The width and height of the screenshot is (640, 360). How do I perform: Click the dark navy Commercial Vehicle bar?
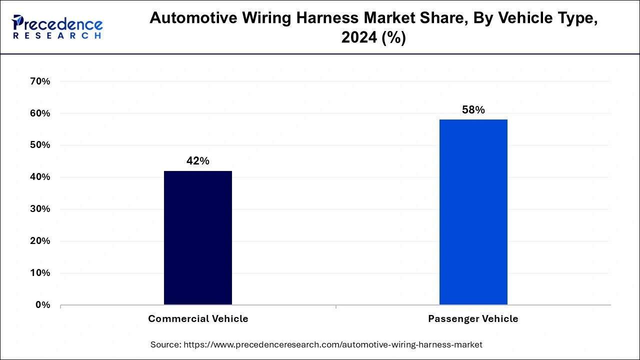pos(198,237)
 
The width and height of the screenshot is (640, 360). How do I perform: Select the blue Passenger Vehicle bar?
pos(473,212)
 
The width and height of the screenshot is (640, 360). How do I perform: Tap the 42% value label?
pos(198,161)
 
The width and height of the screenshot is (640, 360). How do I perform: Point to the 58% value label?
pos(473,110)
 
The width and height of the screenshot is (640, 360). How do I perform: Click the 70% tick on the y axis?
pos(40,81)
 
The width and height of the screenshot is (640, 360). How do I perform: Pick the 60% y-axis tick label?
pos(40,113)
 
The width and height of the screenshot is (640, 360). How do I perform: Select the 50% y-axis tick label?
pos(40,145)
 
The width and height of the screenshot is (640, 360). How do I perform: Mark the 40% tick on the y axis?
pos(40,177)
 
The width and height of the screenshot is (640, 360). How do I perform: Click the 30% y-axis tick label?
pos(40,209)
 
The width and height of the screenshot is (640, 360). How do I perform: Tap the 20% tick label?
pos(40,241)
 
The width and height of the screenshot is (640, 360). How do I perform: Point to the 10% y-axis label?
pos(40,273)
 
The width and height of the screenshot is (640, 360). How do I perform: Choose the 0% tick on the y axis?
pos(42,305)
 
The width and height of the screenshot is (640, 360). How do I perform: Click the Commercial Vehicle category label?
pos(198,319)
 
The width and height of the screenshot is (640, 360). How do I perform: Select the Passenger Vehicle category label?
pos(473,319)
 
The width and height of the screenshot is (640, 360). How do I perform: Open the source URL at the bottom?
pos(333,344)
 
